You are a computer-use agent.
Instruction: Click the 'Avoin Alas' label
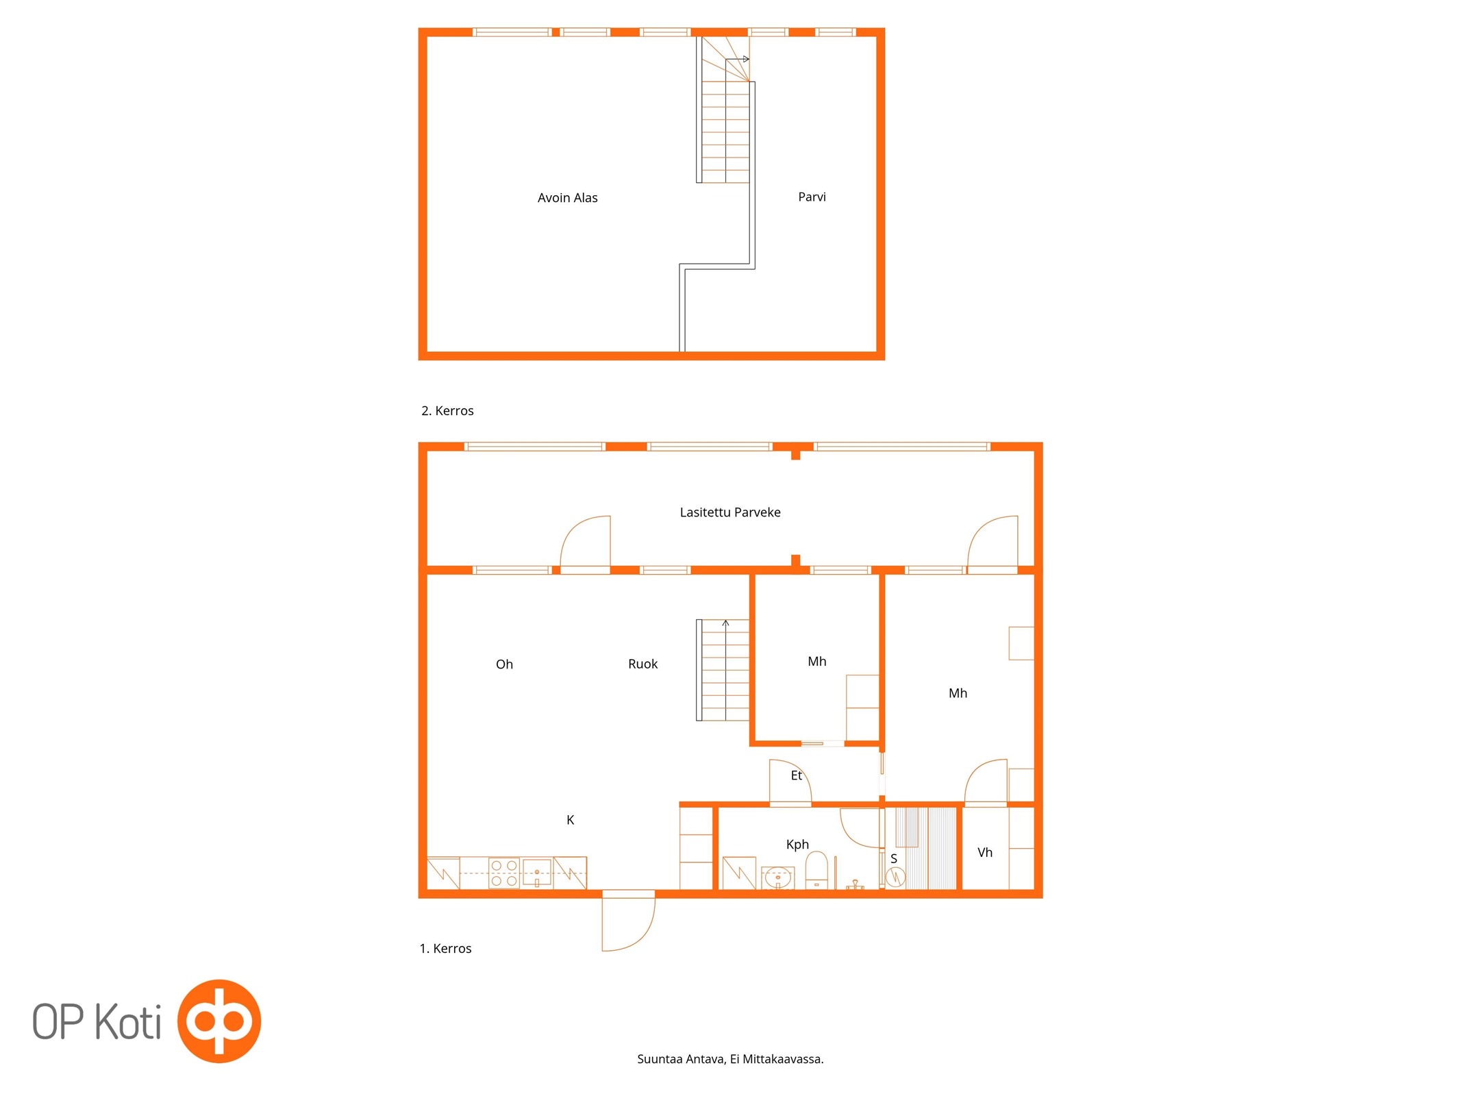pyautogui.click(x=567, y=198)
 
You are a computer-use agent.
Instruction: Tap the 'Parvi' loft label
pyautogui.click(x=812, y=197)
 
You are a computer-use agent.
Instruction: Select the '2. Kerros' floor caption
pyautogui.click(x=447, y=411)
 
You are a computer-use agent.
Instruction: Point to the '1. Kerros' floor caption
pyautogui.click(x=445, y=949)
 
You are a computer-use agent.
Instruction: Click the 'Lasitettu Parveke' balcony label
pyautogui.click(x=730, y=512)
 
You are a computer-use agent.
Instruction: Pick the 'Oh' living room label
pyautogui.click(x=504, y=664)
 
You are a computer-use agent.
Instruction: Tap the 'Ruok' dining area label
pyautogui.click(x=642, y=664)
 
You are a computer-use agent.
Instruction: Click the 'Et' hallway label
pyautogui.click(x=796, y=775)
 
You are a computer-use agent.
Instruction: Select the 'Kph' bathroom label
pyautogui.click(x=797, y=845)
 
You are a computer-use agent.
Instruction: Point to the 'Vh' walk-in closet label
pyautogui.click(x=985, y=852)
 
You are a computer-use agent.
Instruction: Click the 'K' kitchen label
pyautogui.click(x=570, y=820)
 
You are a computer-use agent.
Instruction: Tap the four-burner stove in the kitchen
pyautogui.click(x=504, y=873)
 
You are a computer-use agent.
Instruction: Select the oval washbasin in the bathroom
pyautogui.click(x=778, y=877)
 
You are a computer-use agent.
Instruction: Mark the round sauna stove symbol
pyautogui.click(x=895, y=876)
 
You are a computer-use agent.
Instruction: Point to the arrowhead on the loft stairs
pyautogui.click(x=746, y=60)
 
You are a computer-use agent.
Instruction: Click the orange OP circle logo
pyautogui.click(x=219, y=1021)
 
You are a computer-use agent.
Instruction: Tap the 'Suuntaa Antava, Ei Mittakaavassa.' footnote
pyautogui.click(x=730, y=1059)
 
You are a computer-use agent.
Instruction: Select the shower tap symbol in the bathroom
pyautogui.click(x=855, y=884)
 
